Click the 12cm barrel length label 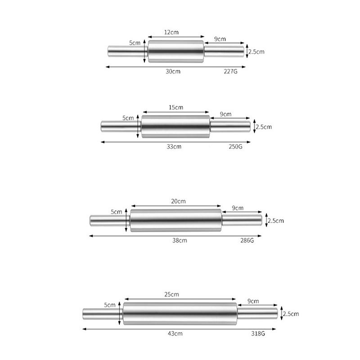171,32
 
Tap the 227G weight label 230,72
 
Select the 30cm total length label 173,72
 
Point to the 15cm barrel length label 176,107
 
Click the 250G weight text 235,147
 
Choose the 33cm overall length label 174,147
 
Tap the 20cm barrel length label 178,201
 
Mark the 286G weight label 247,240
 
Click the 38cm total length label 180,240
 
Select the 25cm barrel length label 171,294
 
